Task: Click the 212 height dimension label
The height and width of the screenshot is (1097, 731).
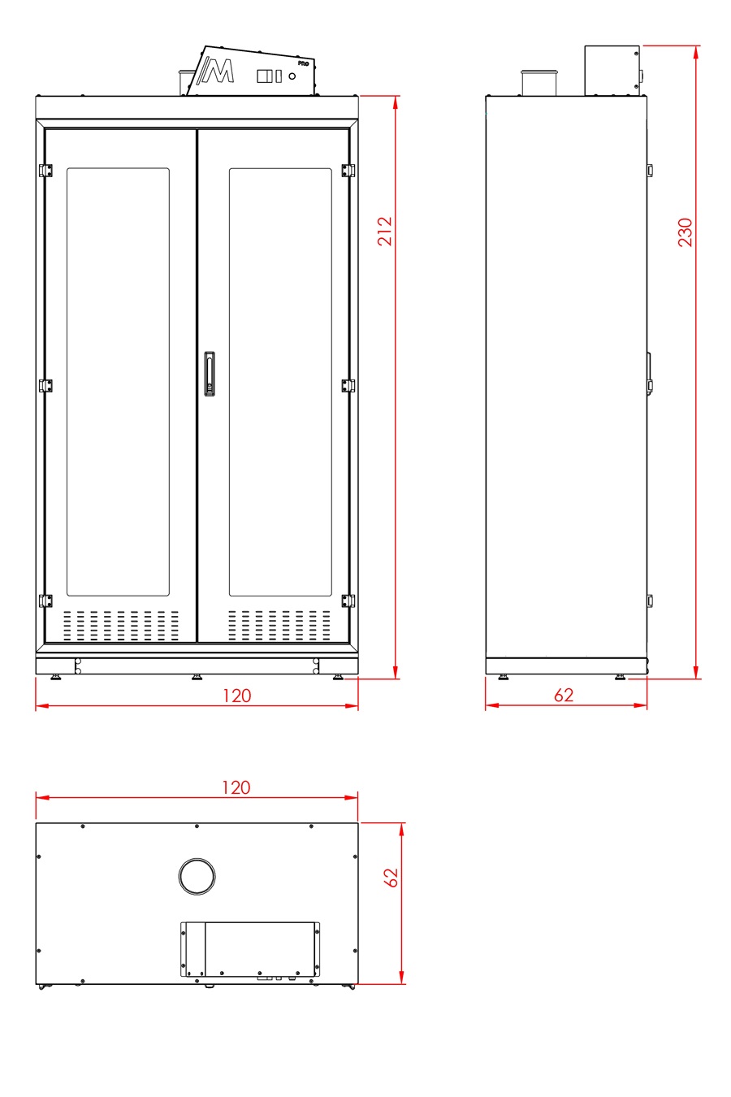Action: click(x=385, y=231)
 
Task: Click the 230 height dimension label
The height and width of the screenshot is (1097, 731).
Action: click(x=686, y=232)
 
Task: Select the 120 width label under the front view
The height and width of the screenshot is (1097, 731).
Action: click(x=236, y=696)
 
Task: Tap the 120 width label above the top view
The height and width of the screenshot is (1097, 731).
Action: click(x=236, y=787)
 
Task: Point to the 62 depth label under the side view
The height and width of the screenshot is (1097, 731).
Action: click(x=563, y=695)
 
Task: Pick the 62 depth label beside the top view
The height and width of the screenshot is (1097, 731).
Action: click(x=391, y=878)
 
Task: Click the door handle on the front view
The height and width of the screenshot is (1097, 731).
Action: click(x=210, y=374)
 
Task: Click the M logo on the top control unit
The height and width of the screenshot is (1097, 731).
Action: click(x=218, y=71)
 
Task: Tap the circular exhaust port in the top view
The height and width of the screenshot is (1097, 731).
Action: click(x=197, y=875)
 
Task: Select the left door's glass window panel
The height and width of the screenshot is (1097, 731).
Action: click(x=118, y=382)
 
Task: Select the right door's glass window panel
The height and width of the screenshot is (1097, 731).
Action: click(x=280, y=382)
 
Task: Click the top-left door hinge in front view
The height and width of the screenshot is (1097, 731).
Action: click(x=46, y=170)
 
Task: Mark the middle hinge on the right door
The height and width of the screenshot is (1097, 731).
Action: click(x=348, y=385)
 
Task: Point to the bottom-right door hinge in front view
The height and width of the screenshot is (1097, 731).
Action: click(x=348, y=601)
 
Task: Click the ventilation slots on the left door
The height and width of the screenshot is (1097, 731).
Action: click(x=121, y=625)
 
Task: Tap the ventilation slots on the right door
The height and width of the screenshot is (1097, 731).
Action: click(x=279, y=625)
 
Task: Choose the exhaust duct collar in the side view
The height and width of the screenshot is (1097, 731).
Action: click(x=537, y=83)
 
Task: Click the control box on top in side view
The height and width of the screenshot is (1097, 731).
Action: click(x=612, y=70)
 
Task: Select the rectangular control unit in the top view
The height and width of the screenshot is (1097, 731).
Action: click(x=250, y=948)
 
